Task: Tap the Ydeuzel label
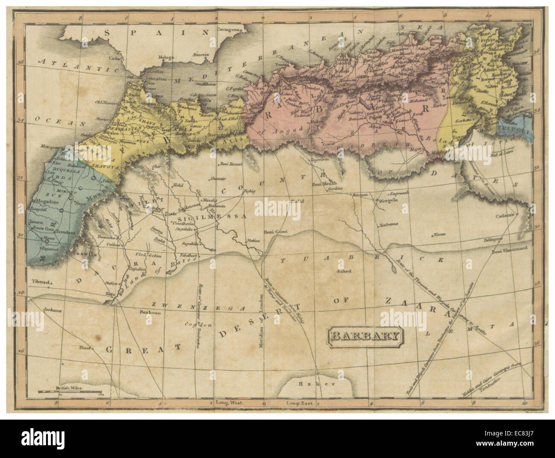(41, 282)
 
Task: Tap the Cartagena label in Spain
(233, 30)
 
